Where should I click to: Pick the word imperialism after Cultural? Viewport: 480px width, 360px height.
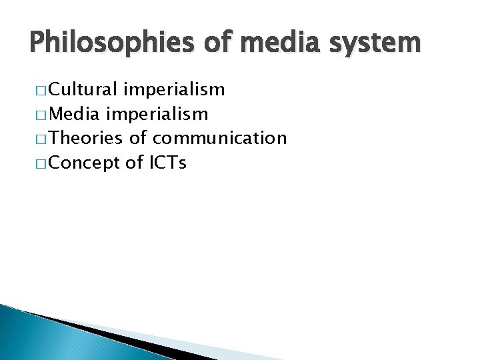click(x=175, y=90)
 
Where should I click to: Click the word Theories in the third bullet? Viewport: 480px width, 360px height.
click(x=85, y=138)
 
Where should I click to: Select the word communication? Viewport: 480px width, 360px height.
click(x=220, y=138)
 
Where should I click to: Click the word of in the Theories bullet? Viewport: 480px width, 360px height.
click(x=137, y=138)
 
